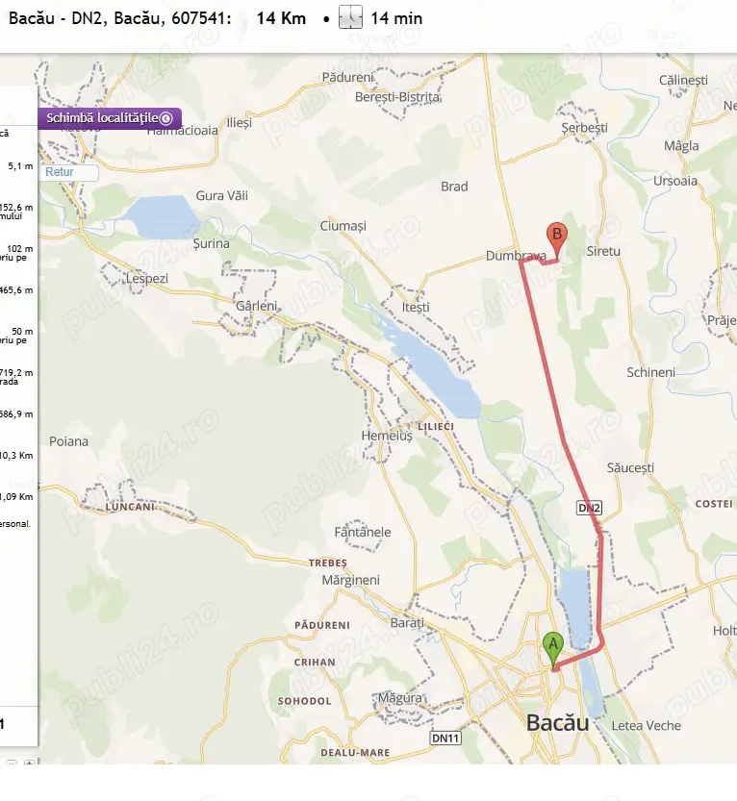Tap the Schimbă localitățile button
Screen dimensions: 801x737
tap(109, 118)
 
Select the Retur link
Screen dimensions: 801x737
tap(60, 172)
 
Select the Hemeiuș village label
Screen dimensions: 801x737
tap(386, 436)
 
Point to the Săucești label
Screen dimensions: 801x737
tap(630, 467)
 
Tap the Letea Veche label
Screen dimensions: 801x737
tap(646, 726)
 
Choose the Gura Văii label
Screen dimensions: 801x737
tap(222, 195)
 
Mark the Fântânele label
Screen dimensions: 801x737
tap(362, 532)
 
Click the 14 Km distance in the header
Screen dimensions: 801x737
tap(281, 18)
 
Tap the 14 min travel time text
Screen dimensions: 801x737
tap(395, 18)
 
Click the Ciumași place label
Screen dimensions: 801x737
tap(343, 226)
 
